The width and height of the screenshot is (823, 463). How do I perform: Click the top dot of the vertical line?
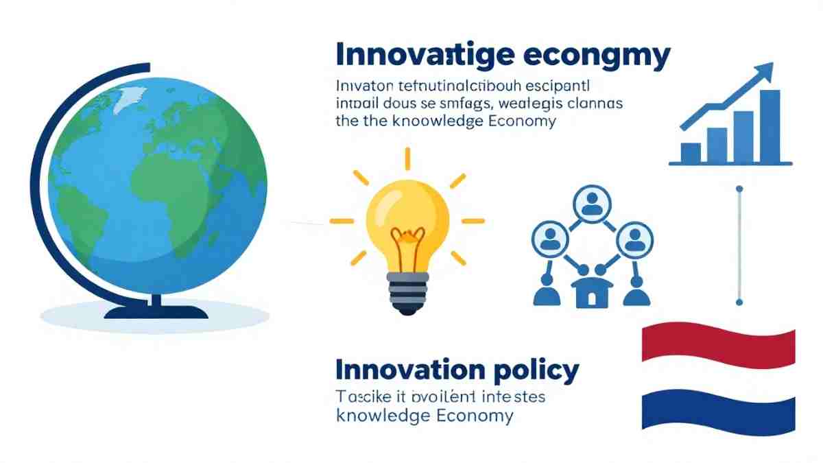pyautogui.click(x=739, y=188)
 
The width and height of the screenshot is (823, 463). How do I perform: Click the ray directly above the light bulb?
pyautogui.click(x=407, y=158)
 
